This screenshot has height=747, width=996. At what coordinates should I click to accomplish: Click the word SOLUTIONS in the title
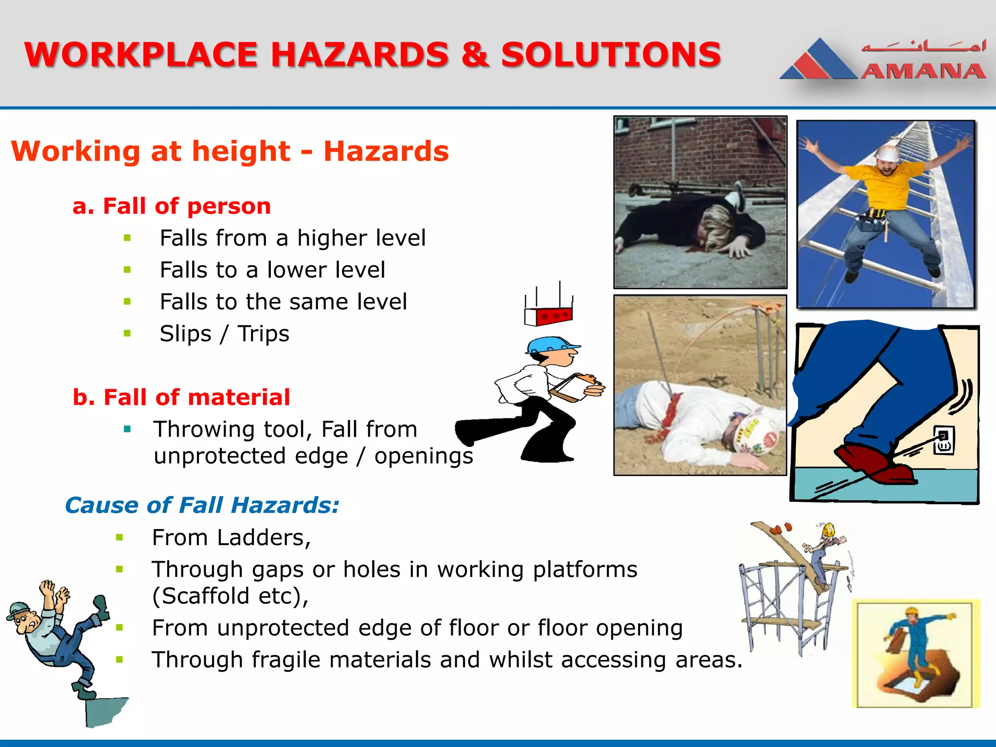coord(610,54)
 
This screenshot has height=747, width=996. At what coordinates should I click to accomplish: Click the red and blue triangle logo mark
coord(818,61)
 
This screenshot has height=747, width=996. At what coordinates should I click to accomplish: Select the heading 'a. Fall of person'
coord(171,206)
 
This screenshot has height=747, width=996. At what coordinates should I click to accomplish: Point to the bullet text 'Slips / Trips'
coord(224,334)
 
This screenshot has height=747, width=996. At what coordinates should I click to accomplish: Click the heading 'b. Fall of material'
coord(181,397)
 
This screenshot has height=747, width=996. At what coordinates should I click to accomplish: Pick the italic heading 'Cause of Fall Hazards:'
coord(202,505)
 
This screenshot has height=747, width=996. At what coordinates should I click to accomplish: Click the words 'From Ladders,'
coord(231,537)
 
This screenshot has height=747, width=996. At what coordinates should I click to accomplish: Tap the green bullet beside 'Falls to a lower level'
coord(127,270)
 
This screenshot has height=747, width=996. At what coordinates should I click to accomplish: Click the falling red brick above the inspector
coord(550,316)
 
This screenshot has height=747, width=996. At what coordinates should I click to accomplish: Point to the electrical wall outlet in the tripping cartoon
coord(943,440)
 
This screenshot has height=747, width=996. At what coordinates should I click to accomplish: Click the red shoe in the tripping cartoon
coord(871,460)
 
